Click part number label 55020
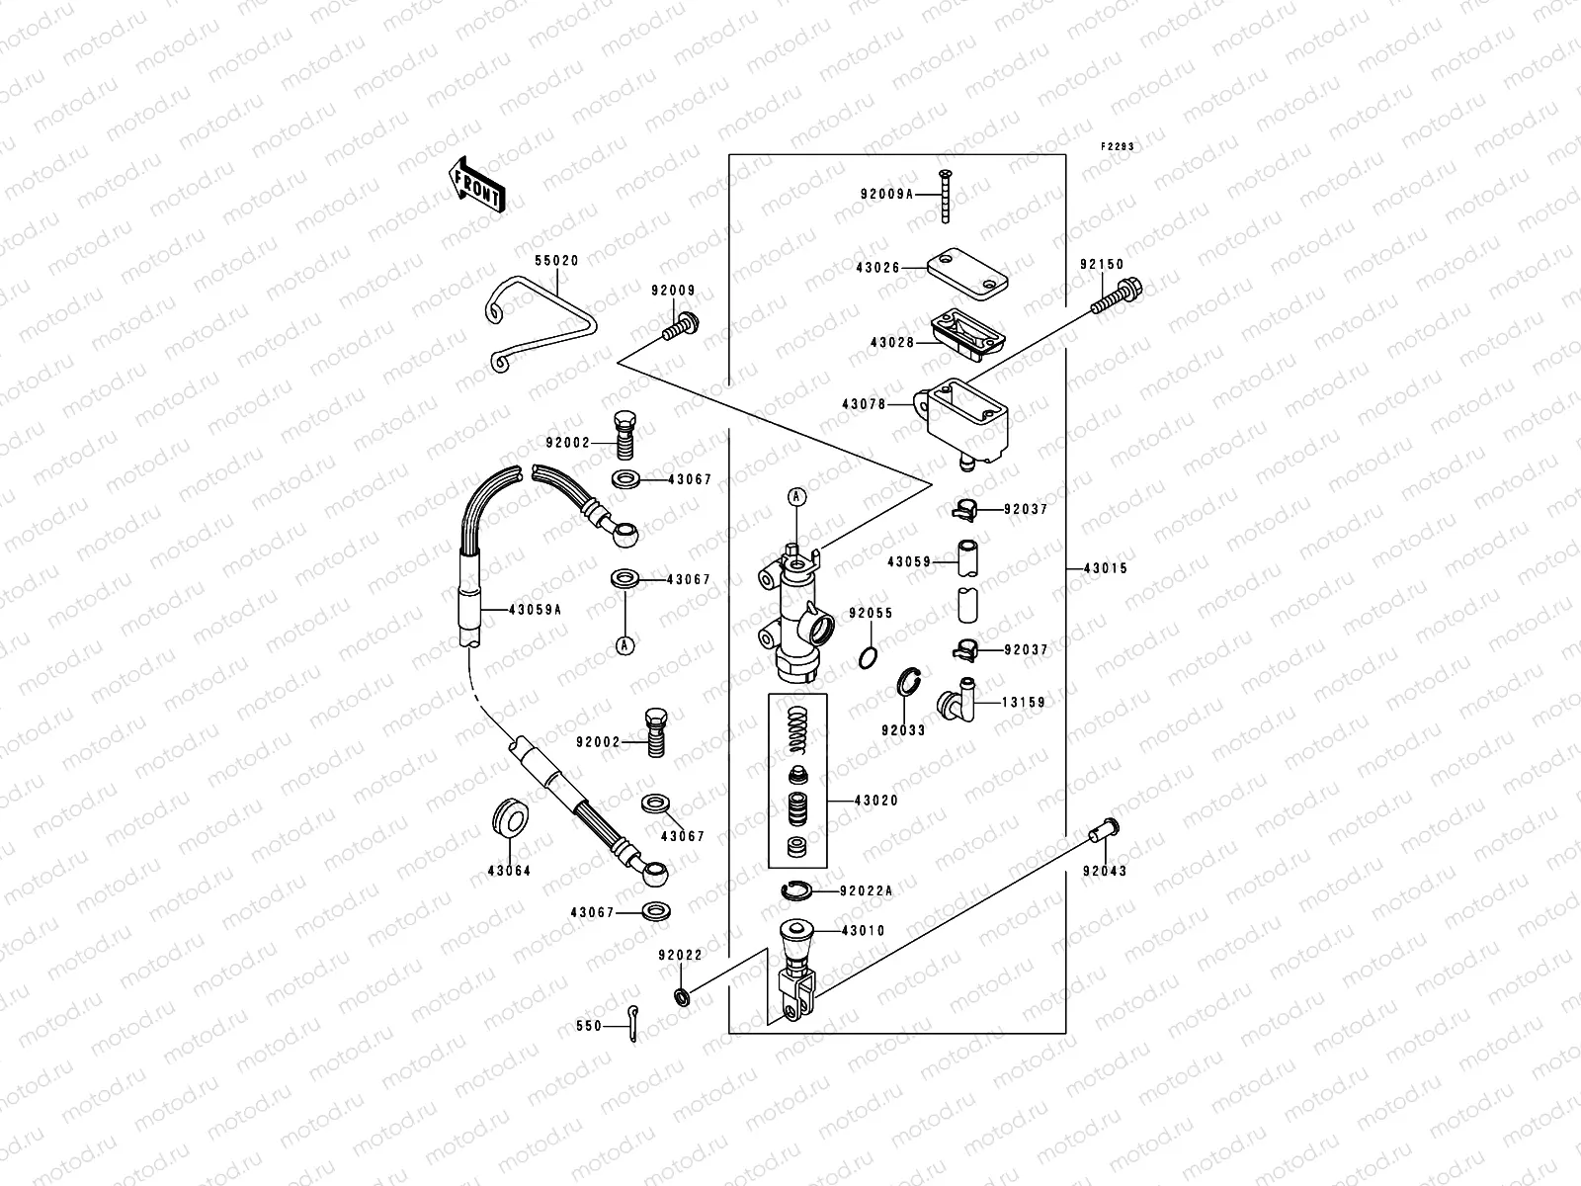556,262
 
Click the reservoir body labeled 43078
963,416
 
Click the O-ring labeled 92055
866,655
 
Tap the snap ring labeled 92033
911,683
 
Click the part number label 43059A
535,610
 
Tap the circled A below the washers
624,644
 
